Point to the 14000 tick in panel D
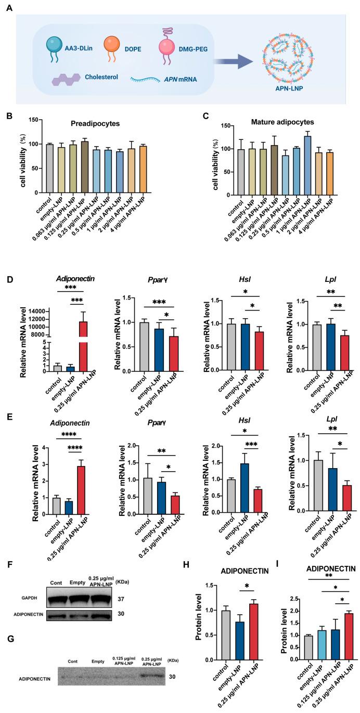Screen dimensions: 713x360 pyautogui.click(x=37, y=310)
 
